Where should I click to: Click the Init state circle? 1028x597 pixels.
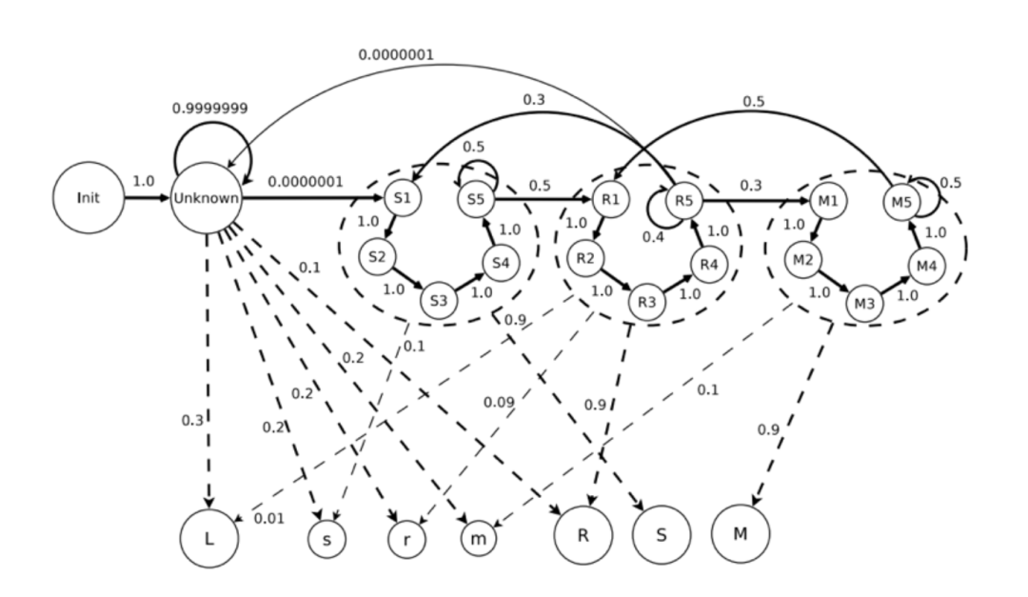(x=89, y=199)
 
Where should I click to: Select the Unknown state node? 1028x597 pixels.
(x=207, y=199)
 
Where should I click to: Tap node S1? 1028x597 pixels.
(x=402, y=199)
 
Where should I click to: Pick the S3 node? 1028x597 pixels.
(x=439, y=299)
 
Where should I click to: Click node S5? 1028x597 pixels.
(x=476, y=199)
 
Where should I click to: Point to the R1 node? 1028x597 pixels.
(x=611, y=200)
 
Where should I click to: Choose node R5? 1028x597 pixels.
(x=683, y=200)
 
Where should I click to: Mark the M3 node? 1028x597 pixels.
(x=864, y=304)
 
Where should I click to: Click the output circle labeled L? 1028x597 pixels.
(x=208, y=537)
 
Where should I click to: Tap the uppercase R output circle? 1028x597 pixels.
(x=583, y=535)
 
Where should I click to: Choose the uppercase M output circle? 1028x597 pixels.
(x=740, y=534)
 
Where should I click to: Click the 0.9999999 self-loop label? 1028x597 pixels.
(x=209, y=109)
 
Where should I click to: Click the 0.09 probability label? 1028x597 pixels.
(x=499, y=403)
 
